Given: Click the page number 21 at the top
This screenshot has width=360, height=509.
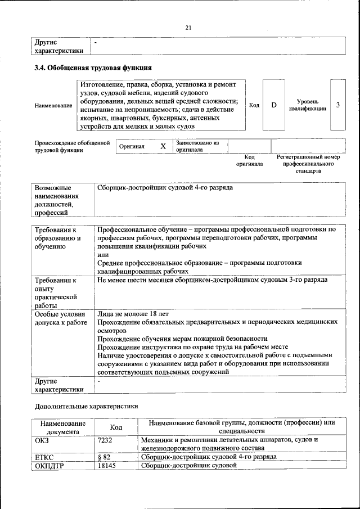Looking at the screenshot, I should coord(188,28).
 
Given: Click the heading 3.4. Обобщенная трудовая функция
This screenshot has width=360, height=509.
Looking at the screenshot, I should coord(93,68).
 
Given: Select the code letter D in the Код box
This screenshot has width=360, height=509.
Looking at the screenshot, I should coord(274,105).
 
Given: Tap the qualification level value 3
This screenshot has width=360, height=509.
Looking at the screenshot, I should coord(337,105).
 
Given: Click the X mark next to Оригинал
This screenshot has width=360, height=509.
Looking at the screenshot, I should coord(163,146).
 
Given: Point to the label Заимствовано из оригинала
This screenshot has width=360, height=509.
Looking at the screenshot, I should coord(197,146).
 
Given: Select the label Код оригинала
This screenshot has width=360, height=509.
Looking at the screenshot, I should coord(249,160).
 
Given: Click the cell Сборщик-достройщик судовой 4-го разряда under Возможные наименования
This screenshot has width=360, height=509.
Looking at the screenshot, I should coord(165,187).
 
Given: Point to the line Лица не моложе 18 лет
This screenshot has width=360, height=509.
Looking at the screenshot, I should coord(133,313).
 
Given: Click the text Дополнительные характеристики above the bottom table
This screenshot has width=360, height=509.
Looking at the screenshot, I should coord(86,406).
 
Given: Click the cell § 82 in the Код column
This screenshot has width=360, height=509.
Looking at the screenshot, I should coord(103,457).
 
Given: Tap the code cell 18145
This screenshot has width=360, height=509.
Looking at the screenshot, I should coord(106,466).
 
